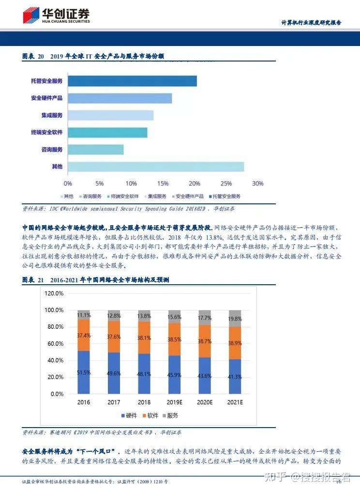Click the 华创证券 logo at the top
pyautogui.click(x=56, y=15)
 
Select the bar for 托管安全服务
pyautogui.click(x=132, y=81)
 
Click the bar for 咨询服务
pyautogui.click(x=96, y=150)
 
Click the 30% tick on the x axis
pyautogui.click(x=257, y=184)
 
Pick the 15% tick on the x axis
pyautogui.click(x=163, y=184)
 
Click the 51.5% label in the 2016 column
pyautogui.click(x=84, y=372)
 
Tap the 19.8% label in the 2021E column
pyautogui.click(x=235, y=319)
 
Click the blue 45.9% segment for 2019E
pyautogui.click(x=174, y=375)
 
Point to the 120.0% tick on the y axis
pyautogui.click(x=54, y=293)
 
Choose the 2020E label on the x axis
pyautogui.click(x=205, y=402)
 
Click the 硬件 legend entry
pyautogui.click(x=128, y=415)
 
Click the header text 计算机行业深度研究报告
pyautogui.click(x=312, y=23)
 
